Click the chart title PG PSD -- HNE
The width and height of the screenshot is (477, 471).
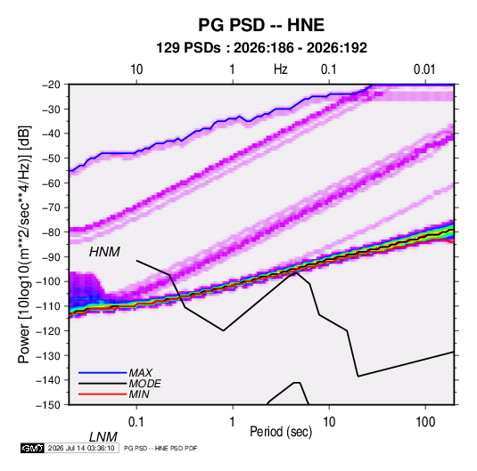pyautogui.click(x=261, y=25)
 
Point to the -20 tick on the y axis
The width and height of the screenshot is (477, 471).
pyautogui.click(x=51, y=85)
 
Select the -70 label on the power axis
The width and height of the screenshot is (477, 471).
pyautogui.click(x=51, y=207)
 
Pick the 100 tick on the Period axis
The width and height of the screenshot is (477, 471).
pyautogui.click(x=425, y=422)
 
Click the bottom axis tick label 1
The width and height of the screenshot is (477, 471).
pyautogui.click(x=233, y=422)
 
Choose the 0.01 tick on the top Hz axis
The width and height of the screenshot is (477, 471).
pyautogui.click(x=424, y=69)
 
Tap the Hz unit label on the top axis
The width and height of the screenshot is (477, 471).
pyautogui.click(x=281, y=69)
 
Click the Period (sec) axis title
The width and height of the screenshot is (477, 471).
pyautogui.click(x=281, y=432)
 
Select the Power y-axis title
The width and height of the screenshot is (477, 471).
pyautogui.click(x=24, y=244)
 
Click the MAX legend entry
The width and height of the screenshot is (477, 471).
pyautogui.click(x=140, y=373)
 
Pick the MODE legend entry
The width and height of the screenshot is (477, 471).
pyautogui.click(x=144, y=384)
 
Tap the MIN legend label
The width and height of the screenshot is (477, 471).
pyautogui.click(x=139, y=394)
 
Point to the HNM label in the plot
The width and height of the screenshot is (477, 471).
pyautogui.click(x=104, y=252)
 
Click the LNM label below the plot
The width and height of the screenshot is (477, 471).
pyautogui.click(x=103, y=437)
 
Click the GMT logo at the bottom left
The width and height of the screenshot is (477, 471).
pyautogui.click(x=32, y=448)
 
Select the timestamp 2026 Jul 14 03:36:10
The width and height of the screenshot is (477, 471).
pyautogui.click(x=81, y=448)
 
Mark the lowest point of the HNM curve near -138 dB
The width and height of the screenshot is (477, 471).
pyautogui.click(x=358, y=377)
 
